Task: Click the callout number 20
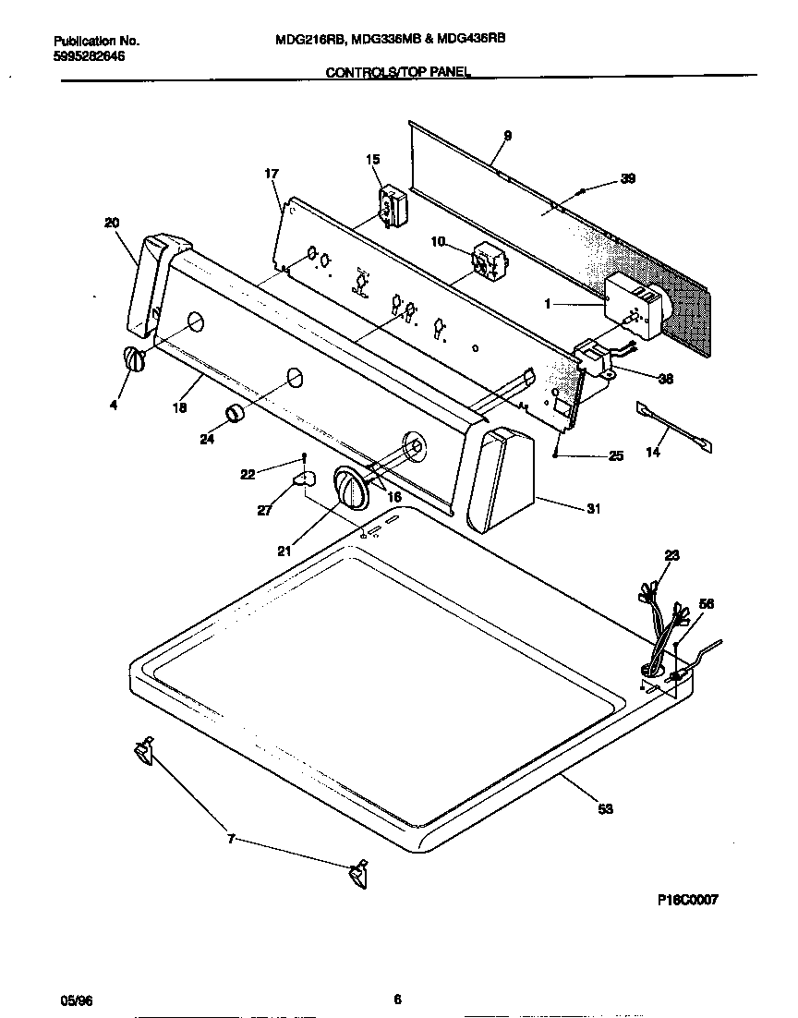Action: pyautogui.click(x=112, y=222)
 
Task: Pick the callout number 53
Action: pyautogui.click(x=605, y=809)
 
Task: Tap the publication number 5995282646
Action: pyautogui.click(x=90, y=56)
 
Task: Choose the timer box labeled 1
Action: pyautogui.click(x=634, y=306)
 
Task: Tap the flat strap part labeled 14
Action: pyautogui.click(x=674, y=426)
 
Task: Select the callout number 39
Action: pyautogui.click(x=627, y=179)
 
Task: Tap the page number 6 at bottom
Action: pyautogui.click(x=397, y=999)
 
